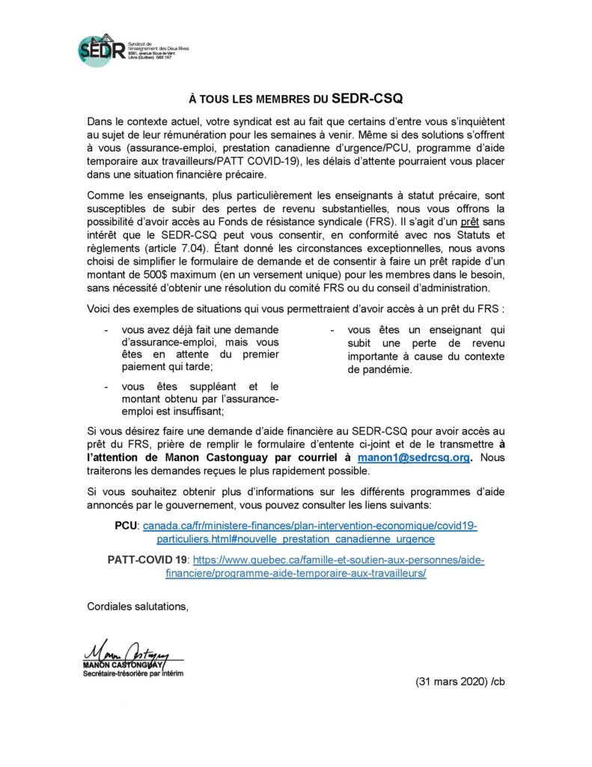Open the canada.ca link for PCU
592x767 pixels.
310,533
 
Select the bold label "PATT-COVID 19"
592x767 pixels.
148,560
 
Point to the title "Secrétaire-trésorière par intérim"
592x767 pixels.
132,674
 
